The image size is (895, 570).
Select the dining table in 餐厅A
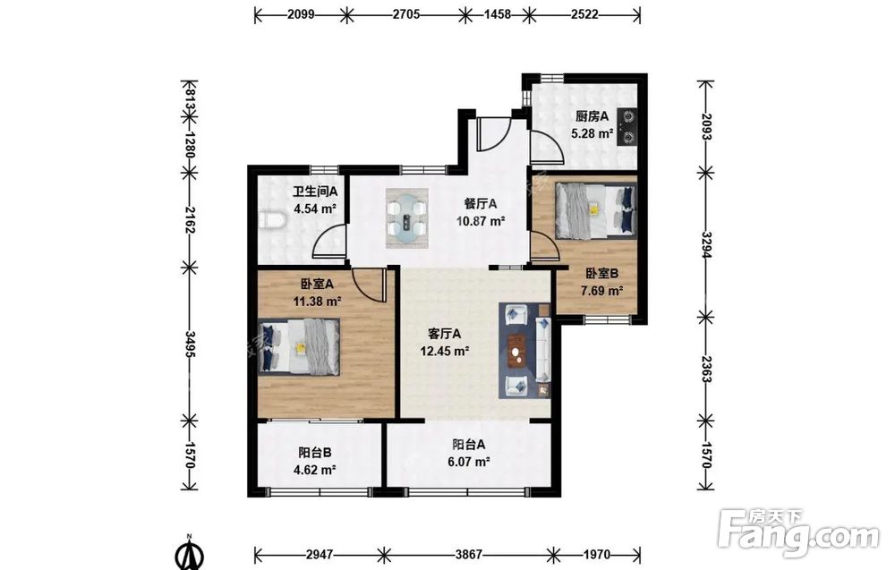click(x=407, y=218)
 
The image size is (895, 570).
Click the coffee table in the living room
click(x=518, y=349)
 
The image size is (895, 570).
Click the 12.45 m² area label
click(x=445, y=351)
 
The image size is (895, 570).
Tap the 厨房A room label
click(x=592, y=116)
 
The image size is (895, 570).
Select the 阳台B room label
click(x=314, y=453)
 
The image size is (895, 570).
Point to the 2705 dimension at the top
click(x=406, y=14)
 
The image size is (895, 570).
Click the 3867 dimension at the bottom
click(x=469, y=554)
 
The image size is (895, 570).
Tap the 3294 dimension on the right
click(x=707, y=245)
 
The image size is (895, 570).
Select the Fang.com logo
click(x=798, y=532)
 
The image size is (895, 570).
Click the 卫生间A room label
click(x=315, y=192)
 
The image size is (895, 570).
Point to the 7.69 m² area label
click(x=601, y=291)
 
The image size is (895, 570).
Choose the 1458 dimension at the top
click(x=498, y=14)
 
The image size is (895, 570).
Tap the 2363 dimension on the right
click(x=707, y=369)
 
